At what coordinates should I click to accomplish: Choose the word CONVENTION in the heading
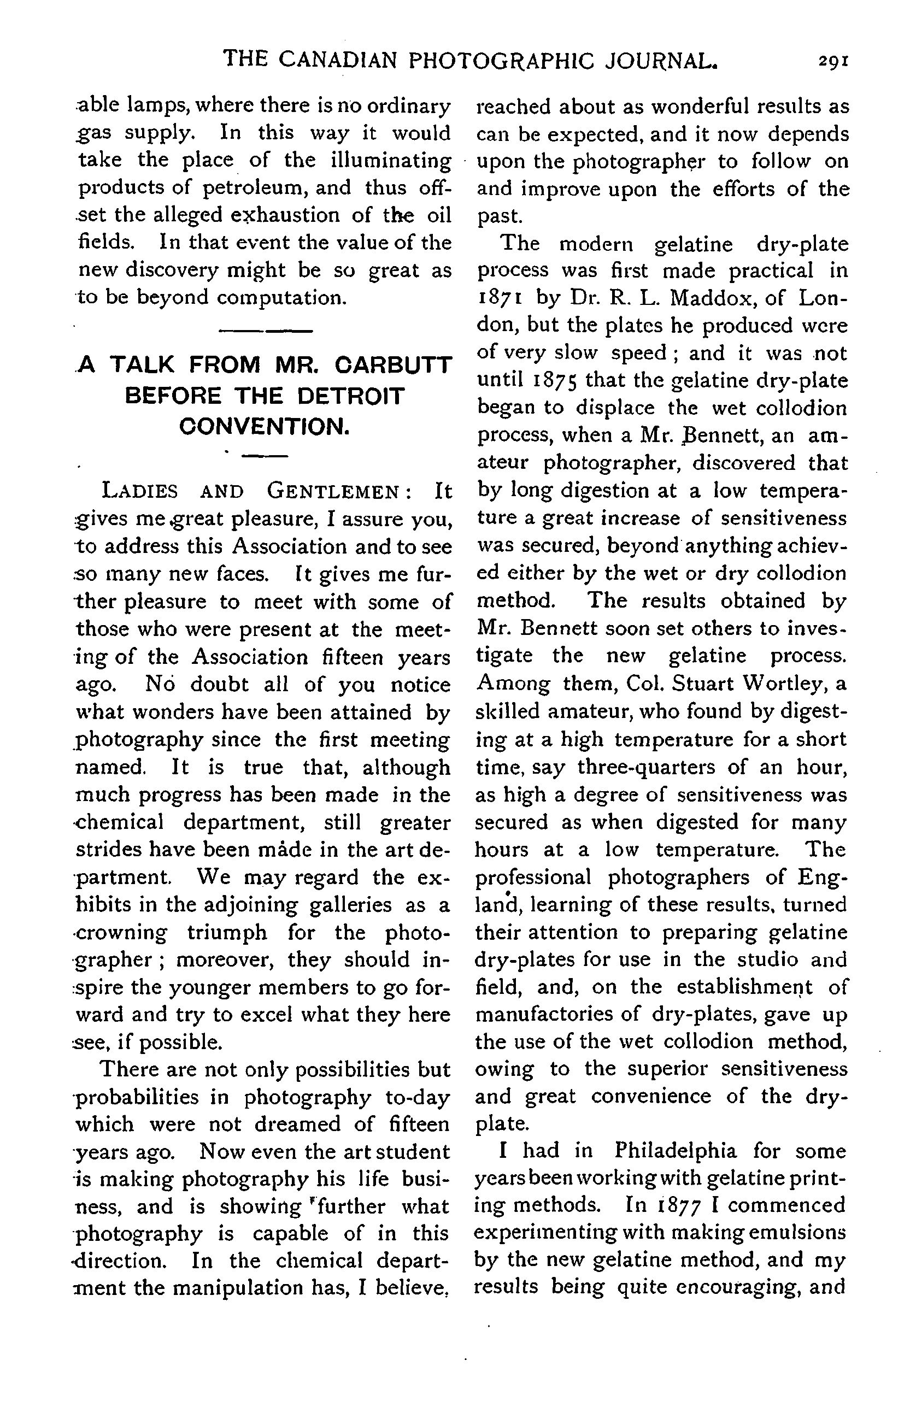pos(264,427)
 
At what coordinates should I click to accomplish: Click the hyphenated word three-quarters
pos(647,767)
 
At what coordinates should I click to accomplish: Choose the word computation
pos(281,297)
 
